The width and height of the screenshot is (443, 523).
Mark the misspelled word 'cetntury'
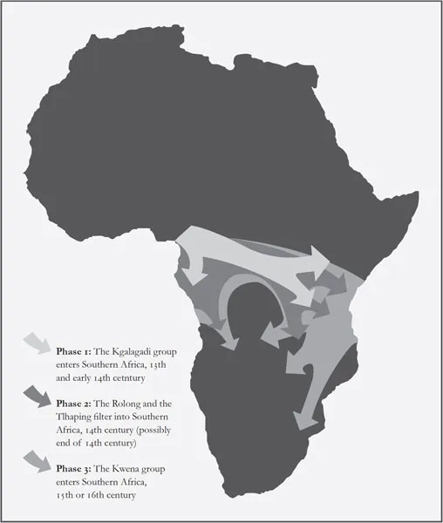coord(145,368)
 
